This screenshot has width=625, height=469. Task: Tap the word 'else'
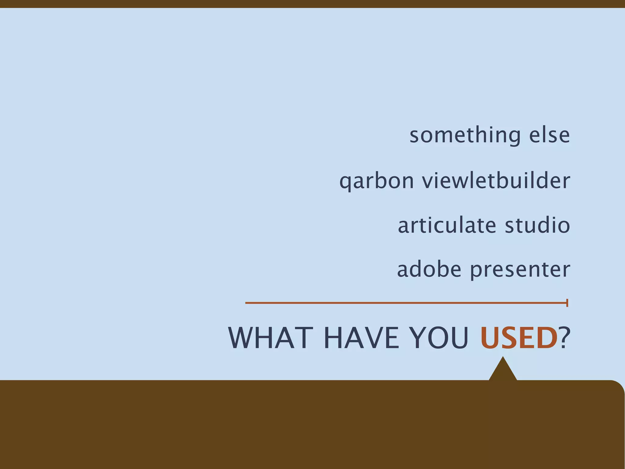tap(549, 135)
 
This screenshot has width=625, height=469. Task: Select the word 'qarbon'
tap(377, 181)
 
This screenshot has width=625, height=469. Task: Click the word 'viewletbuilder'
tap(496, 180)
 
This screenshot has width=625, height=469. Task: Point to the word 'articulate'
tap(447, 225)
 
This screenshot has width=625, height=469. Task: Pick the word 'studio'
tap(537, 225)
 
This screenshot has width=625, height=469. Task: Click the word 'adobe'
tap(429, 270)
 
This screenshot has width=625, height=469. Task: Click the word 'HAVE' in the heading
tap(361, 338)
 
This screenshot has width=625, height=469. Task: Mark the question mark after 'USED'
tap(564, 338)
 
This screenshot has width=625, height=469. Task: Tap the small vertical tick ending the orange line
tap(567, 303)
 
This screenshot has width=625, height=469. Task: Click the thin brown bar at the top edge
tap(312, 4)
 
